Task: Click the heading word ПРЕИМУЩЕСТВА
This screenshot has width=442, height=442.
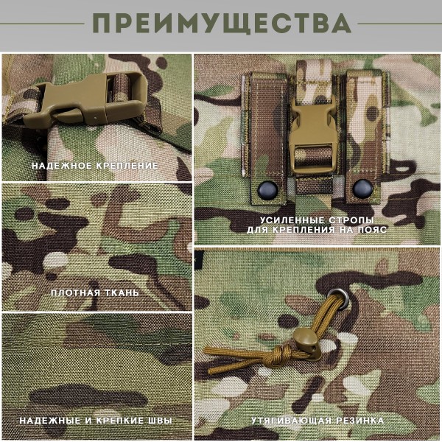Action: [221, 24]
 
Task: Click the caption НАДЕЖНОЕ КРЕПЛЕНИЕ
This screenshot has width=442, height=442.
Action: [94, 166]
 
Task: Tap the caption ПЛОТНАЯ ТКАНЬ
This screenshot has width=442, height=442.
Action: [95, 293]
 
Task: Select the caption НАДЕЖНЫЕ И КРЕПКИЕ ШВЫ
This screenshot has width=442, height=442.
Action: [96, 421]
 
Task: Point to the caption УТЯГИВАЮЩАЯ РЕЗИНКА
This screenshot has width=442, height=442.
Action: [317, 421]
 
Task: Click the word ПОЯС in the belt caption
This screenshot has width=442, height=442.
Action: [359, 231]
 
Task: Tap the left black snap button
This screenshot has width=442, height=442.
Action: [266, 189]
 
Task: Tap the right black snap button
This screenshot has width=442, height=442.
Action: [360, 189]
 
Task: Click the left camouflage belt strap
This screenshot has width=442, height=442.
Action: [265, 133]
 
